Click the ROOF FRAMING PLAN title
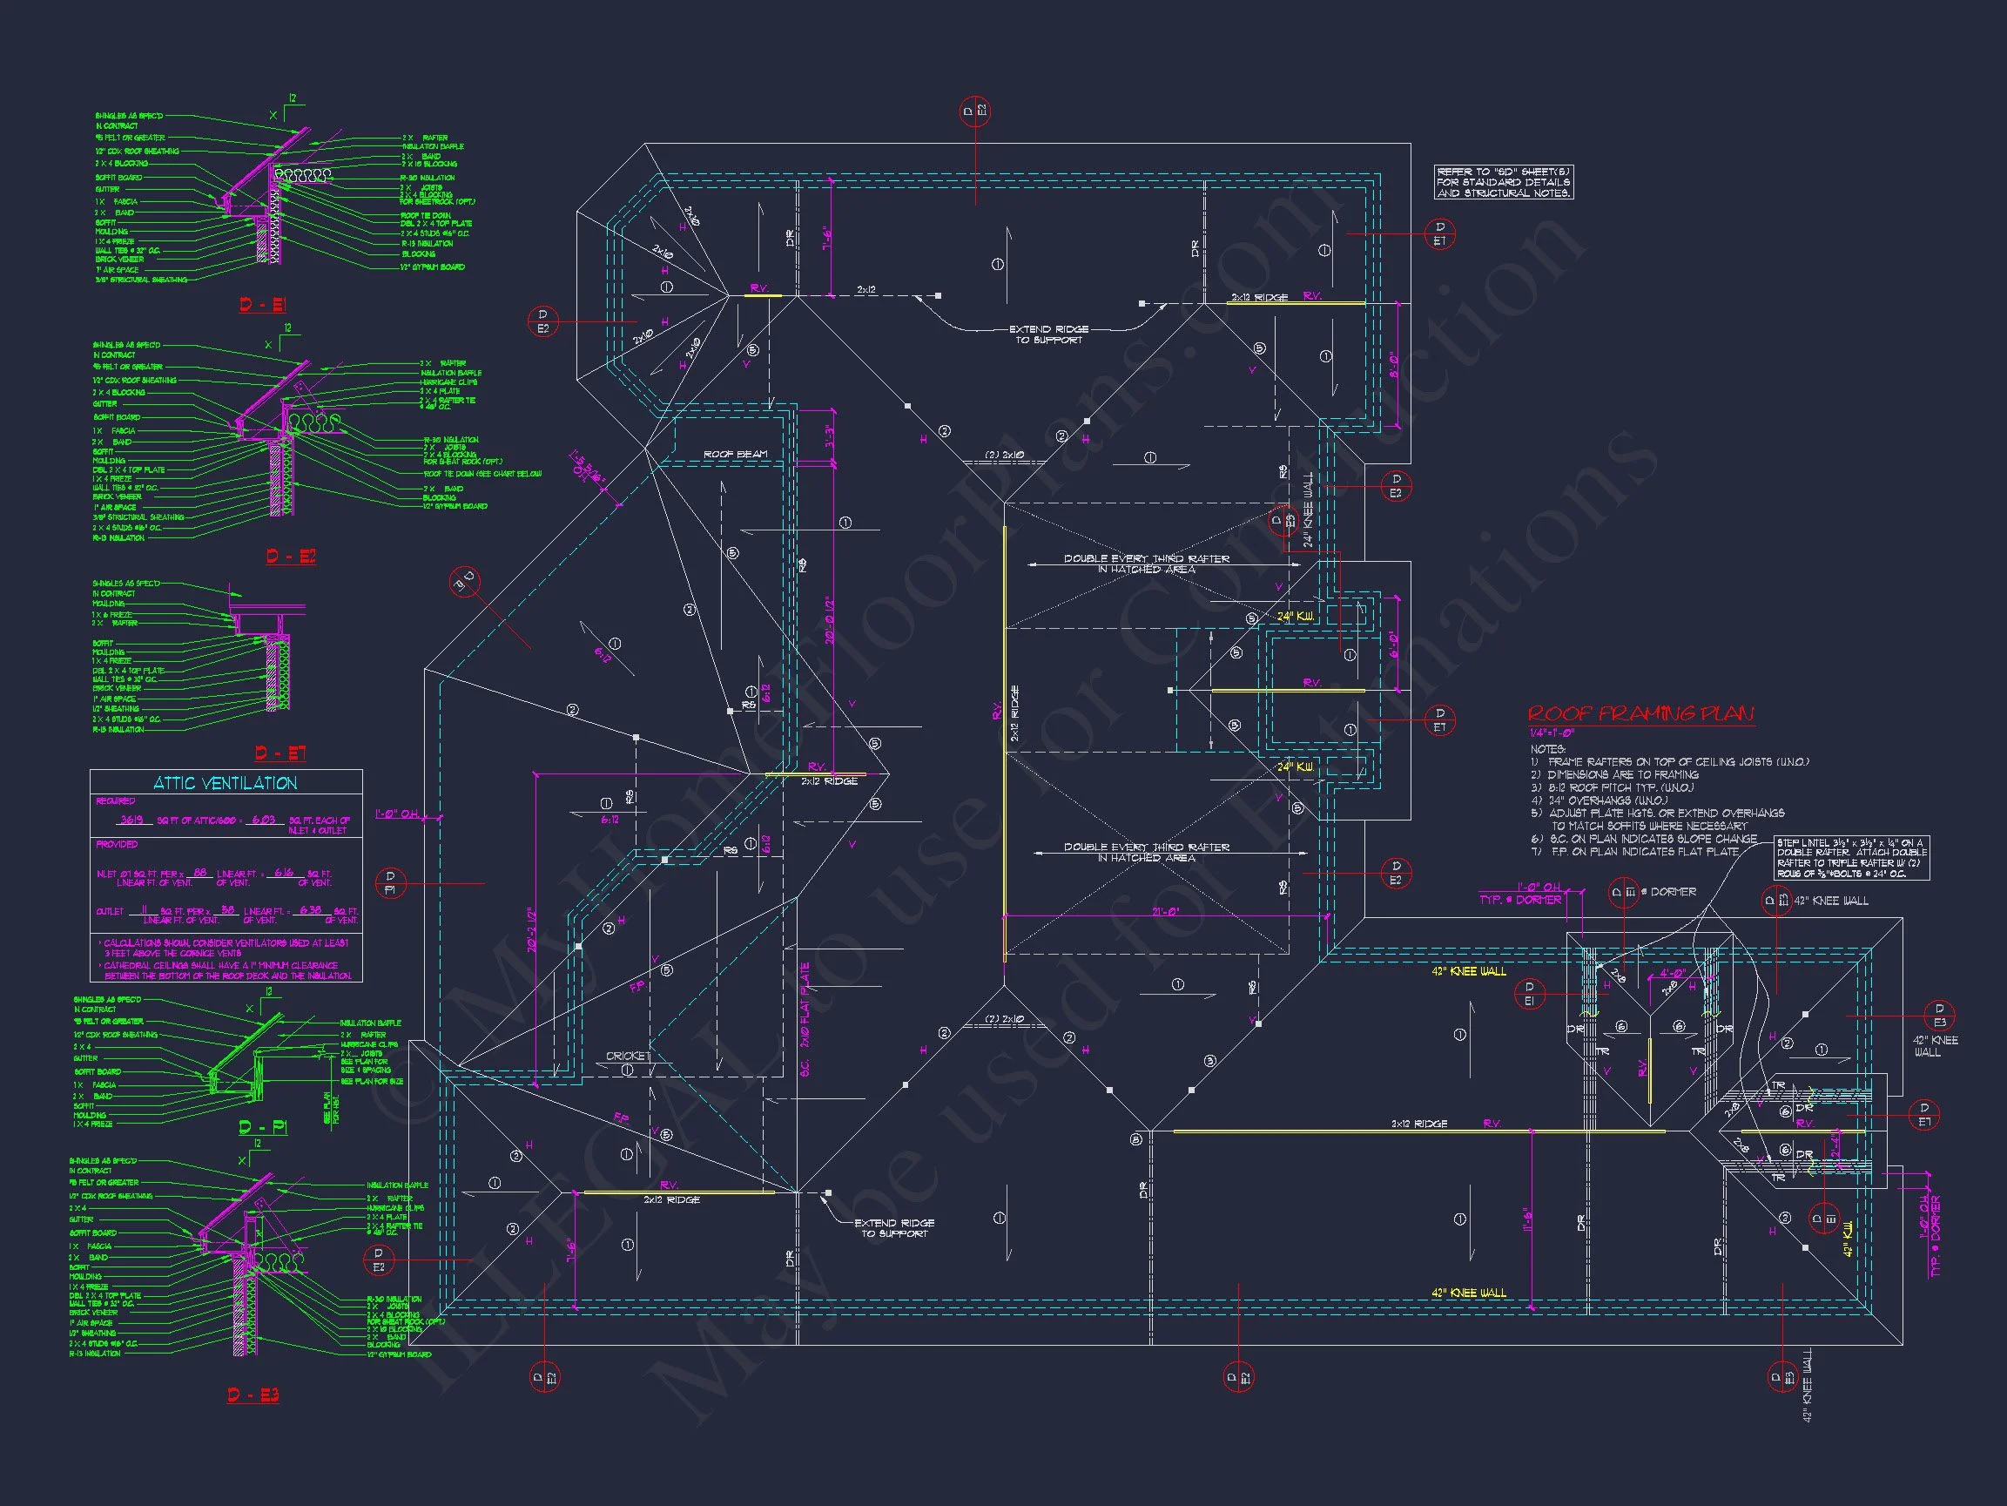1640,714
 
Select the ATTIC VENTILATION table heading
225,782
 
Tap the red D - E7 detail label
279,753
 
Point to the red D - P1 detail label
263,1127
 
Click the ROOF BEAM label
735,454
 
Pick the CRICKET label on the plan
628,1056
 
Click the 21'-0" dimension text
1165,911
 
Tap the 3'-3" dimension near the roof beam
828,436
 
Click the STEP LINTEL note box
1852,858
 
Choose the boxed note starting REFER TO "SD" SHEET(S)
1503,182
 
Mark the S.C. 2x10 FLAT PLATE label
805,1020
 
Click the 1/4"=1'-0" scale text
1552,733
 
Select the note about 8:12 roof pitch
1612,787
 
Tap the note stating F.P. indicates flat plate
1634,852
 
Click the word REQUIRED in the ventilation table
115,800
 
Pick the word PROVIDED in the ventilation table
116,844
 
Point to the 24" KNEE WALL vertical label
1308,509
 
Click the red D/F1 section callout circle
390,882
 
